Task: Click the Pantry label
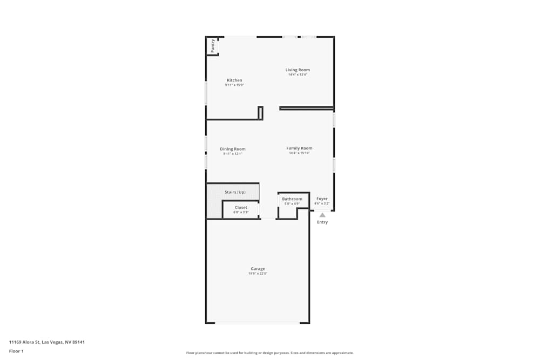[x=213, y=46]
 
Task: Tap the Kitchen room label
[x=234, y=80]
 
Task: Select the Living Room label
[x=298, y=70]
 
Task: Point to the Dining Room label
[x=233, y=149]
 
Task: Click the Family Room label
[x=299, y=148]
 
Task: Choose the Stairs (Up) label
[x=235, y=192]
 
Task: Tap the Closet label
[x=241, y=207]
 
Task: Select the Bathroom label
[x=292, y=199]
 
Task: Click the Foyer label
[x=322, y=199]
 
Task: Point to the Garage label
[x=258, y=269]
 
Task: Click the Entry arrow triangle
[x=322, y=215]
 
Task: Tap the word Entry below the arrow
[x=322, y=222]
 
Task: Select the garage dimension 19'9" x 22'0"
[x=258, y=274]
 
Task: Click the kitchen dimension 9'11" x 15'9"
[x=234, y=85]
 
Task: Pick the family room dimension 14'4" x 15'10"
[x=299, y=153]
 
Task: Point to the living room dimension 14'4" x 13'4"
[x=298, y=74]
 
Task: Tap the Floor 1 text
[x=16, y=351]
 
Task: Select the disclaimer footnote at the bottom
[x=270, y=353]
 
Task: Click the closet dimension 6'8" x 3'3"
[x=241, y=212]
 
